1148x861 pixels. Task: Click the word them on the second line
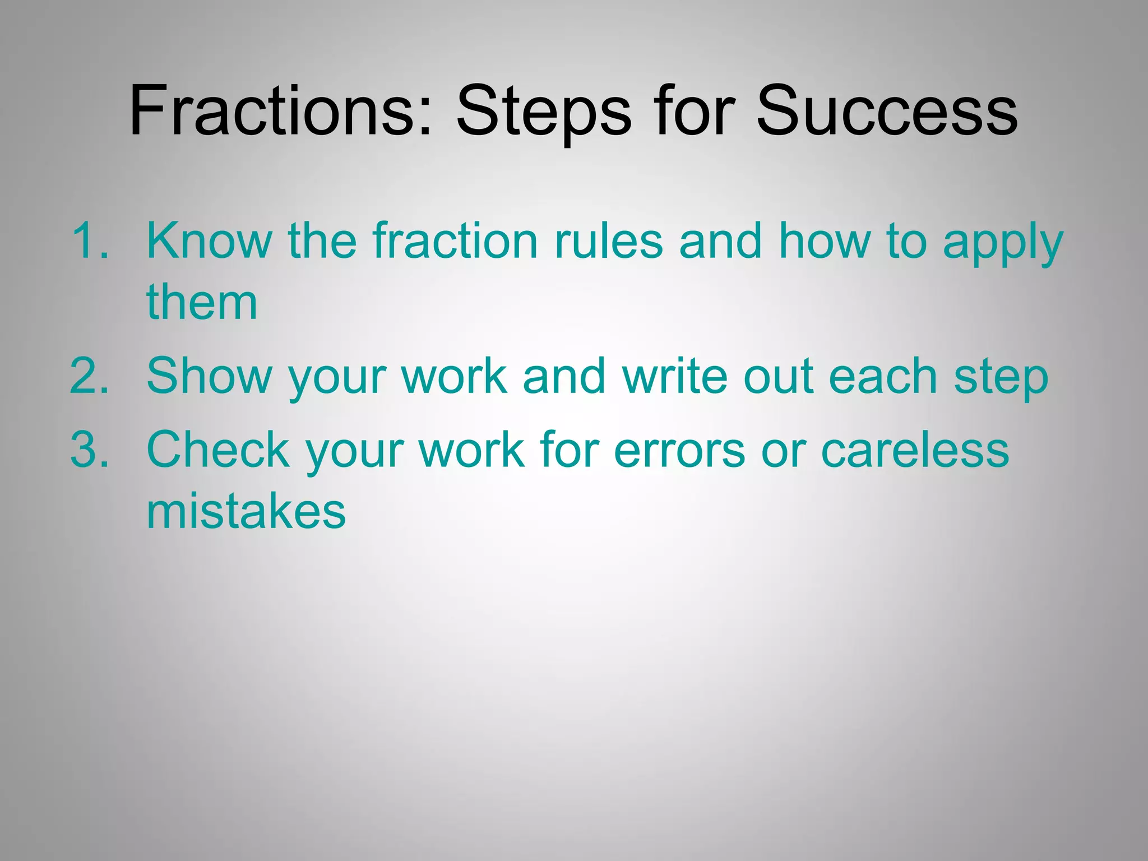coord(202,303)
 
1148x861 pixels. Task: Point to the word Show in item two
coord(209,377)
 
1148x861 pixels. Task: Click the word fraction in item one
coord(455,241)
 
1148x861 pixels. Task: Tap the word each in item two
coord(882,377)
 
